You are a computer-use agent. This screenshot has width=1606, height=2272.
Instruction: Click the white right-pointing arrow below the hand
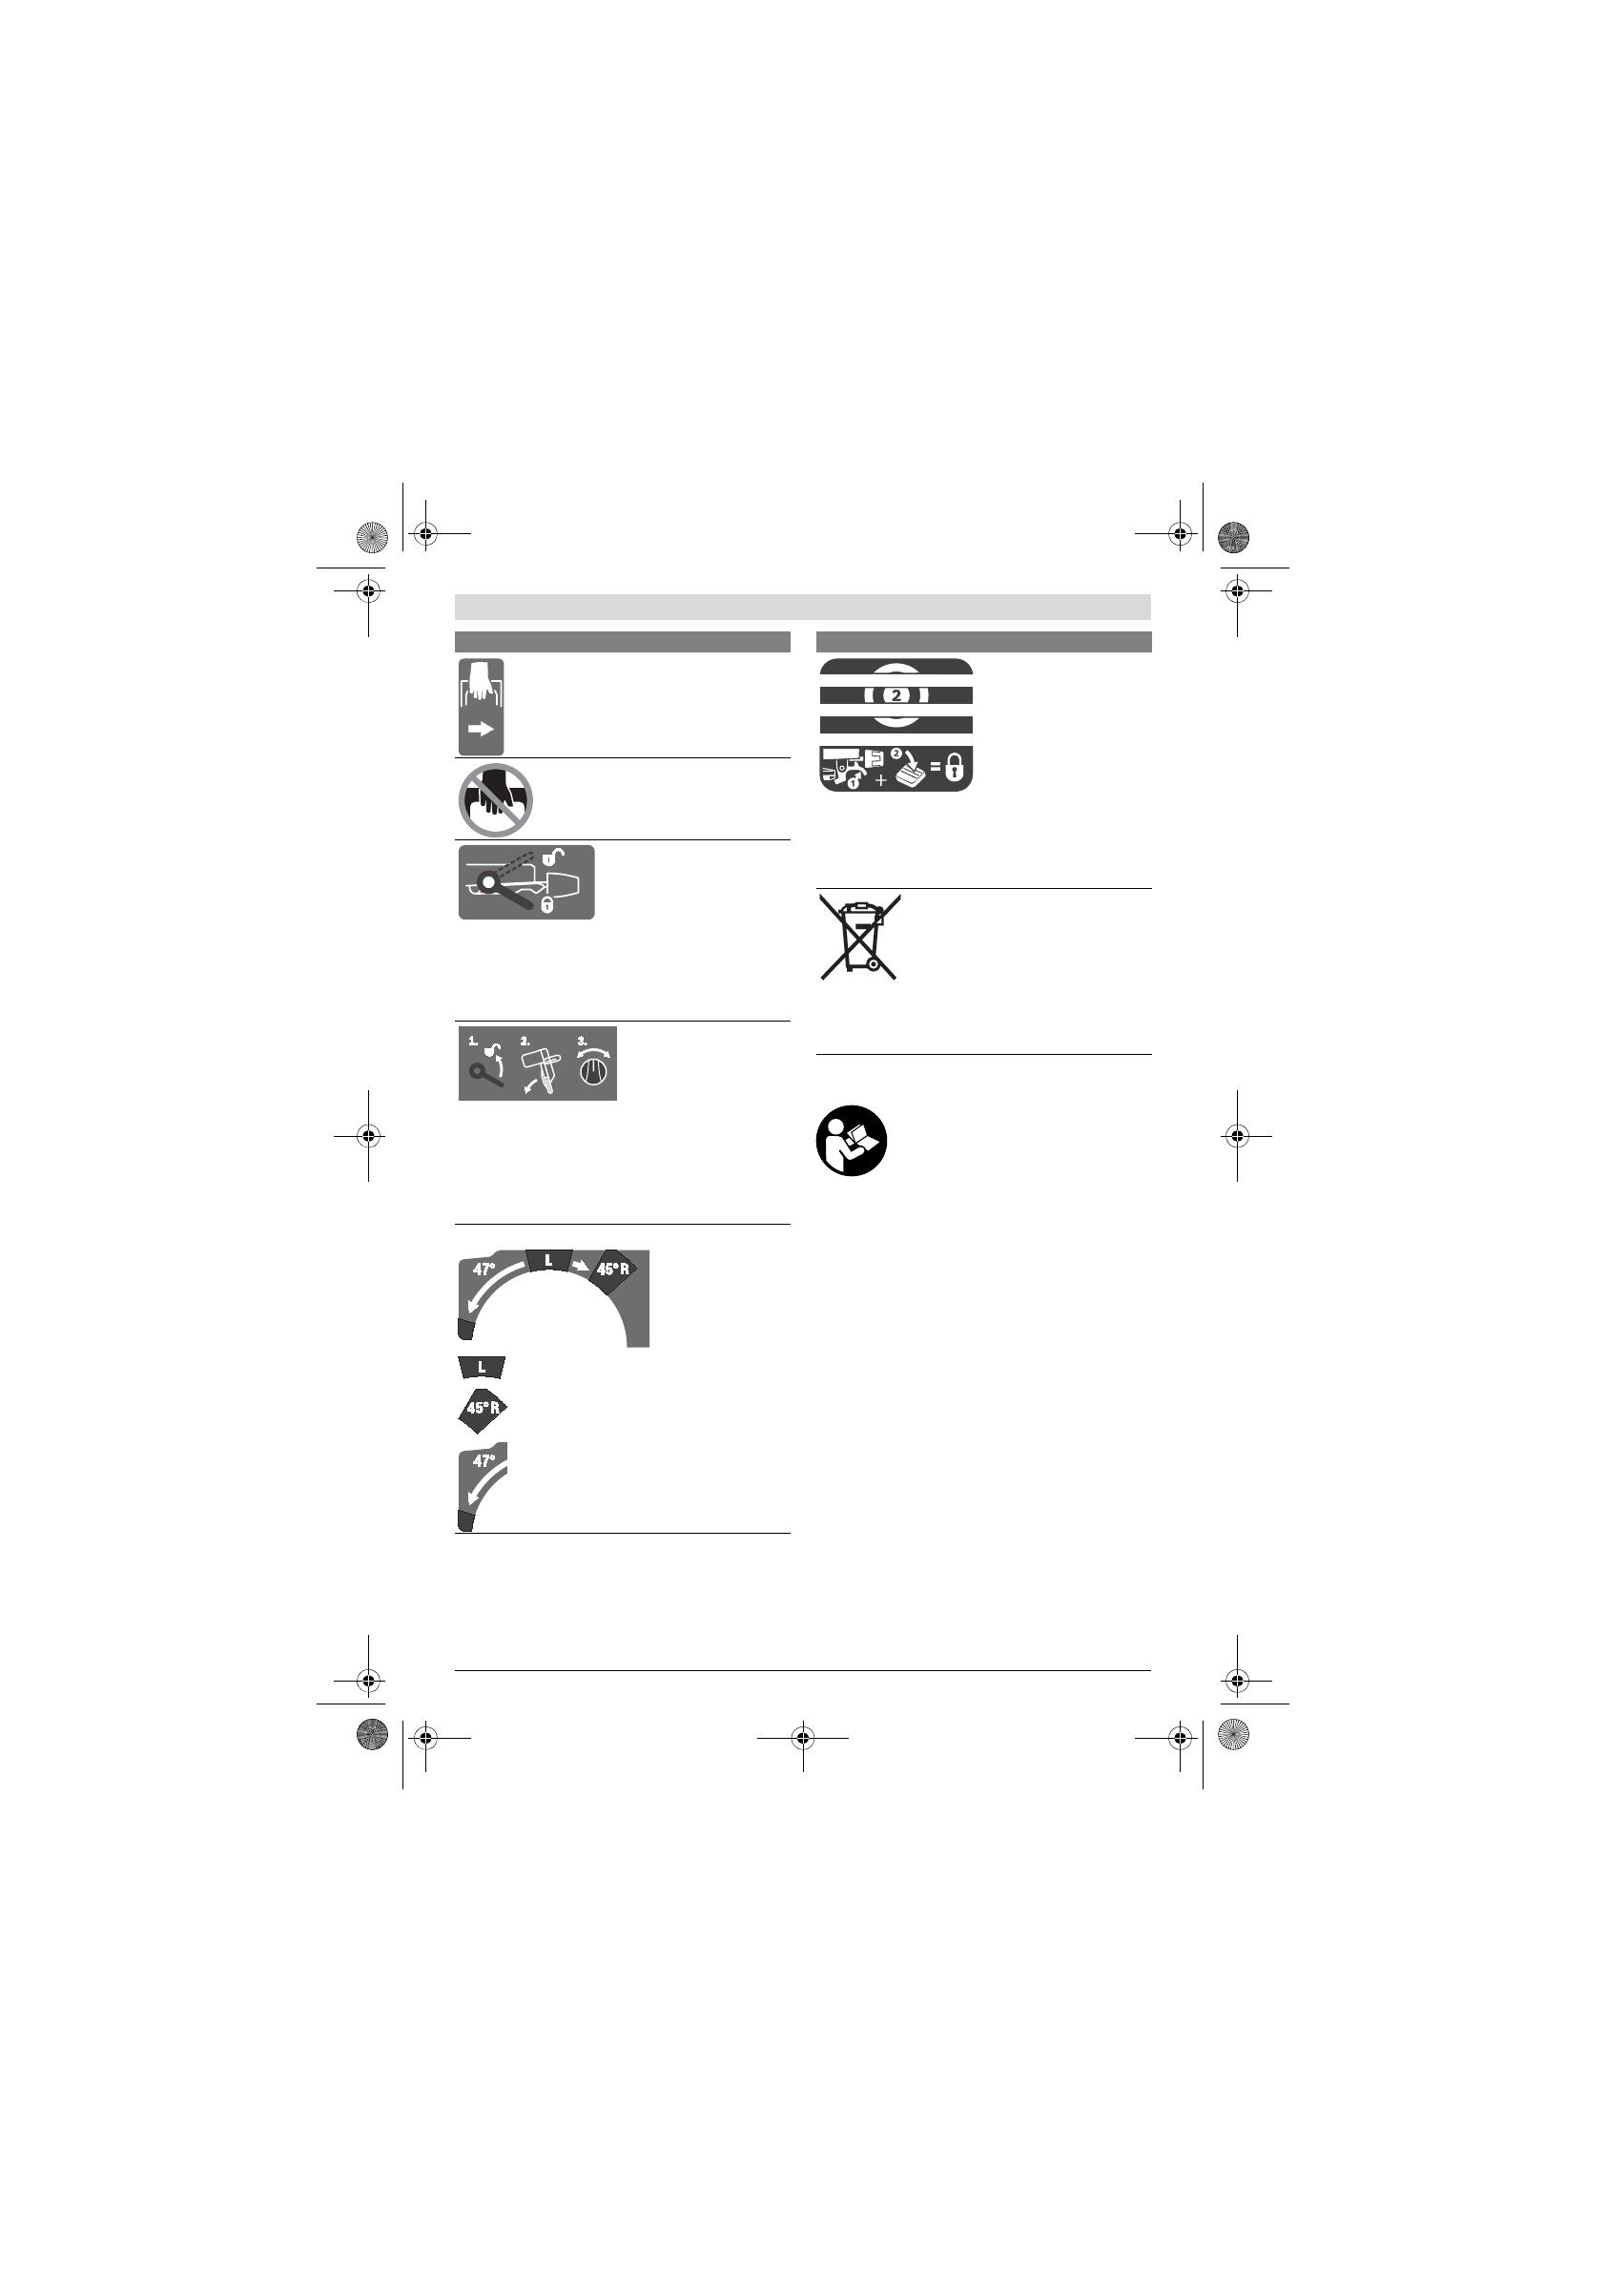481,730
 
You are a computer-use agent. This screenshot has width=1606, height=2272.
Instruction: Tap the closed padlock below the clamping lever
546,904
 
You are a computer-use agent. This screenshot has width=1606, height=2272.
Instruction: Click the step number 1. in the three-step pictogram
473,1040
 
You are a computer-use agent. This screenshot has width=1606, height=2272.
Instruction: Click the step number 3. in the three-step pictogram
582,1040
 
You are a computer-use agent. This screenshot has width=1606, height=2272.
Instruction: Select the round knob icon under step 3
594,1073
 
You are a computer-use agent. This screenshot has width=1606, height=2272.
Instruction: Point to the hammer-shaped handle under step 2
539,1064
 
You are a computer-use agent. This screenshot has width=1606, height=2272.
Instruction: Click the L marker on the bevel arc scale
548,1261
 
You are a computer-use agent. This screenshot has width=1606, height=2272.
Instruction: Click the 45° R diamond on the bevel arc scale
612,1270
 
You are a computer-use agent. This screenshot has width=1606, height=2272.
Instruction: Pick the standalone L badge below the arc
482,1368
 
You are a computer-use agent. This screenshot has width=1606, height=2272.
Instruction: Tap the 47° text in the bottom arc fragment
484,1460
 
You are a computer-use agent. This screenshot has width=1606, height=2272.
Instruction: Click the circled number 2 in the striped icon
896,694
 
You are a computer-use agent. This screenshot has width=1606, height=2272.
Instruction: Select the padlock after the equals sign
954,768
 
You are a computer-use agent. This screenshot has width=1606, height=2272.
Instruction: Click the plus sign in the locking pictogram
880,781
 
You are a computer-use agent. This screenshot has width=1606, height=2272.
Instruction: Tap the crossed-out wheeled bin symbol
858,936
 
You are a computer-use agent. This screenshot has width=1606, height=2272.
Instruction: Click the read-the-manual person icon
851,1140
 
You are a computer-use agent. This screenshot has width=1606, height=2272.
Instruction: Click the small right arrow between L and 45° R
580,1266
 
